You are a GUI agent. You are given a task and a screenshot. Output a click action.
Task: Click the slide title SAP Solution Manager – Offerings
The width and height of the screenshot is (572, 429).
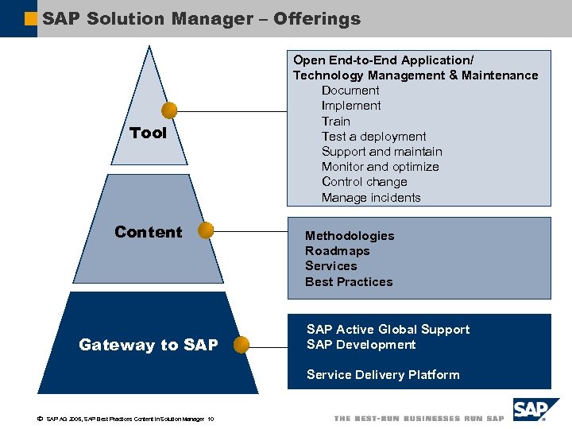point(201,18)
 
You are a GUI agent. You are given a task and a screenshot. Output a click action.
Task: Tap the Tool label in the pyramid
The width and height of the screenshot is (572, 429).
point(148,133)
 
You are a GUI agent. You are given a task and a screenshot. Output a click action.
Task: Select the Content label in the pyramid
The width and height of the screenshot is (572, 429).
point(148,232)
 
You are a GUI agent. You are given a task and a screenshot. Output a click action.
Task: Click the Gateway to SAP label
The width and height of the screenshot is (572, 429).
point(148,345)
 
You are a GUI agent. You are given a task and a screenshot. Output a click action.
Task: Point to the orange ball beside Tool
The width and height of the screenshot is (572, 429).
point(169,110)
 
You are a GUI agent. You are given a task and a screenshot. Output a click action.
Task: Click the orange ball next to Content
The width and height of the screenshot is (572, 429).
point(206,231)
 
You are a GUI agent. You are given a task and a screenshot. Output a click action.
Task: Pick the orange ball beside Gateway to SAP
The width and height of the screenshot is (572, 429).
point(242,345)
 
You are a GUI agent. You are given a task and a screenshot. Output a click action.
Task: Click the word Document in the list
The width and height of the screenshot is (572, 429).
point(350,91)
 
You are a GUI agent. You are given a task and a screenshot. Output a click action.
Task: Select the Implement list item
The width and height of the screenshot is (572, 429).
point(351,106)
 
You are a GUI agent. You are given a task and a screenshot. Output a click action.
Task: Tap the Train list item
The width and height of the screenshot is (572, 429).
point(335,122)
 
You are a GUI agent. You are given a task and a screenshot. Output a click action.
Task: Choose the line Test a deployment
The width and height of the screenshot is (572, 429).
point(373,137)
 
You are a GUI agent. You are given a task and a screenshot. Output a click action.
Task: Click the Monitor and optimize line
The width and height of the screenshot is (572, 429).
point(380,167)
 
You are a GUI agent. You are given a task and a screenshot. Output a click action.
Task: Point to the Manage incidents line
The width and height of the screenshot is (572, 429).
point(371,198)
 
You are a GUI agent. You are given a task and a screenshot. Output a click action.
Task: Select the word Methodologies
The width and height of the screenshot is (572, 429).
point(350,236)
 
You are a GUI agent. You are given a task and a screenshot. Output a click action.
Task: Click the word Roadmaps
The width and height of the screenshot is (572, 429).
point(338,251)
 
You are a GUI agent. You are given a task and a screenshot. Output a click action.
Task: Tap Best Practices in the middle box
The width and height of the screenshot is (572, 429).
point(349,282)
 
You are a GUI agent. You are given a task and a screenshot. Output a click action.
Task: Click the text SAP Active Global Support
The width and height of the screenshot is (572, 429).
point(388,330)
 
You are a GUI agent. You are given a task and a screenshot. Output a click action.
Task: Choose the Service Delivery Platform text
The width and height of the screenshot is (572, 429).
point(383,375)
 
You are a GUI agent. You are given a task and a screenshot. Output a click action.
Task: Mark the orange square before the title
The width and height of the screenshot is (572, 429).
point(31,18)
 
